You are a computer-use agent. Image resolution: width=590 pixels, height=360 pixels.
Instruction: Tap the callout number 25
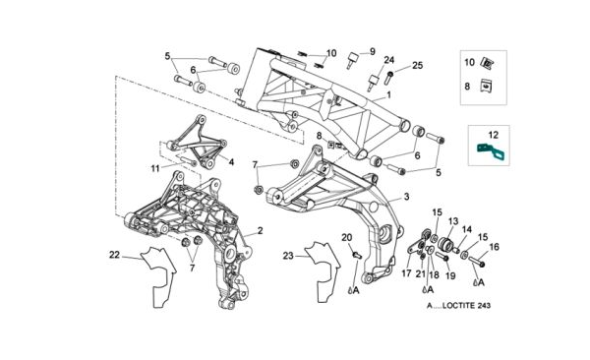pos(417,66)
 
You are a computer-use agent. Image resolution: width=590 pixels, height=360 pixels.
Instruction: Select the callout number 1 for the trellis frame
pos(388,94)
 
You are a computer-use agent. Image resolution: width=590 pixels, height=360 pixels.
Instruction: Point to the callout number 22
pos(114,255)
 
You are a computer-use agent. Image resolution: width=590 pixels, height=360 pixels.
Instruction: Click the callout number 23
pos(288,256)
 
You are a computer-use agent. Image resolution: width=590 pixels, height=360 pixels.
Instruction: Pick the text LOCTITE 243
pos(466,305)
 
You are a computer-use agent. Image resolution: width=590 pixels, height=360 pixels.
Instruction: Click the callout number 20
pos(346,238)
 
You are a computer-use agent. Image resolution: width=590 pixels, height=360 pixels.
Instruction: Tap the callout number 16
pos(494,247)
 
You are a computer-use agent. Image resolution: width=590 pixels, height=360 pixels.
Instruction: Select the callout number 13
pos(453,221)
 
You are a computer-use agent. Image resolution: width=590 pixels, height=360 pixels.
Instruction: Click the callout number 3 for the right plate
pos(406,197)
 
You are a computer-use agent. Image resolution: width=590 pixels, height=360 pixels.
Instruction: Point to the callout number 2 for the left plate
pos(260,231)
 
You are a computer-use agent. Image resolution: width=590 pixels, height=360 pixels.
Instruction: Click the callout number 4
pos(231,162)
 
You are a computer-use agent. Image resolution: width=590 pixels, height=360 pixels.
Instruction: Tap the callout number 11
pos(155,169)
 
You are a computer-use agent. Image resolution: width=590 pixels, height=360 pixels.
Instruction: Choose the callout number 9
pos(372,51)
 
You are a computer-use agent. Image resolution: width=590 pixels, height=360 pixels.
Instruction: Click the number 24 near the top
pos(389,60)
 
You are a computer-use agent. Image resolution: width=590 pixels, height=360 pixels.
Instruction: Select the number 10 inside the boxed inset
pos(470,62)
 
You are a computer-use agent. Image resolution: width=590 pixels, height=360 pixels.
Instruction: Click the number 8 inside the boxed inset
pos(467,87)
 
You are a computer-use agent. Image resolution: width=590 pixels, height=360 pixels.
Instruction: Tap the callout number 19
pos(450,275)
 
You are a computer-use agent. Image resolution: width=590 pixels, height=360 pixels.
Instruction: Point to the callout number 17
pos(407,273)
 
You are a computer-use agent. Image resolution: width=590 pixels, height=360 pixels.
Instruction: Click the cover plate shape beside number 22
pos(158,276)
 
